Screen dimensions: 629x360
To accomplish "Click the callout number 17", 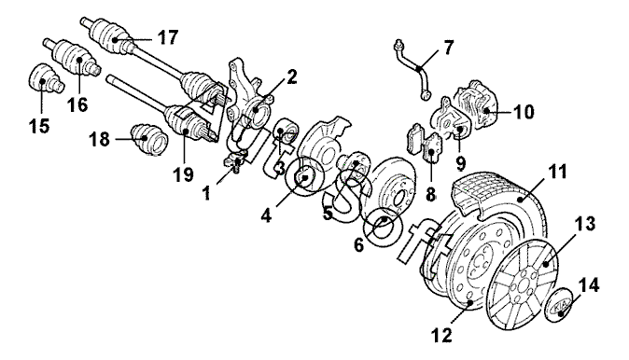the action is click(167, 38).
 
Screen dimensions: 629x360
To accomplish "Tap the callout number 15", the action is click(39, 126).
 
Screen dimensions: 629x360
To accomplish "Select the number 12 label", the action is click(441, 335).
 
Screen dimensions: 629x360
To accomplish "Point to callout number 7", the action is click(448, 48).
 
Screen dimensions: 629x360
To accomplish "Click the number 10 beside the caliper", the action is click(524, 111).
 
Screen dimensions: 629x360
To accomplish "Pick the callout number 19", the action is click(183, 174).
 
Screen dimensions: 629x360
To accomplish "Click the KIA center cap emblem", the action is click(560, 308).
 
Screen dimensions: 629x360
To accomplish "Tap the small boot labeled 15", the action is click(46, 78).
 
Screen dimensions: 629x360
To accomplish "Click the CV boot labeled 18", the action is click(148, 139).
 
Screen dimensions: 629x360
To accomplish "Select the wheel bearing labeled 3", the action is click(285, 133).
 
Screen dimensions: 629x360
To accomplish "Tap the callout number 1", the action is click(206, 193).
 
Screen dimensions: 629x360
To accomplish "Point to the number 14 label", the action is click(589, 285).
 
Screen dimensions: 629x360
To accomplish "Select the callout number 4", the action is click(266, 215).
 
